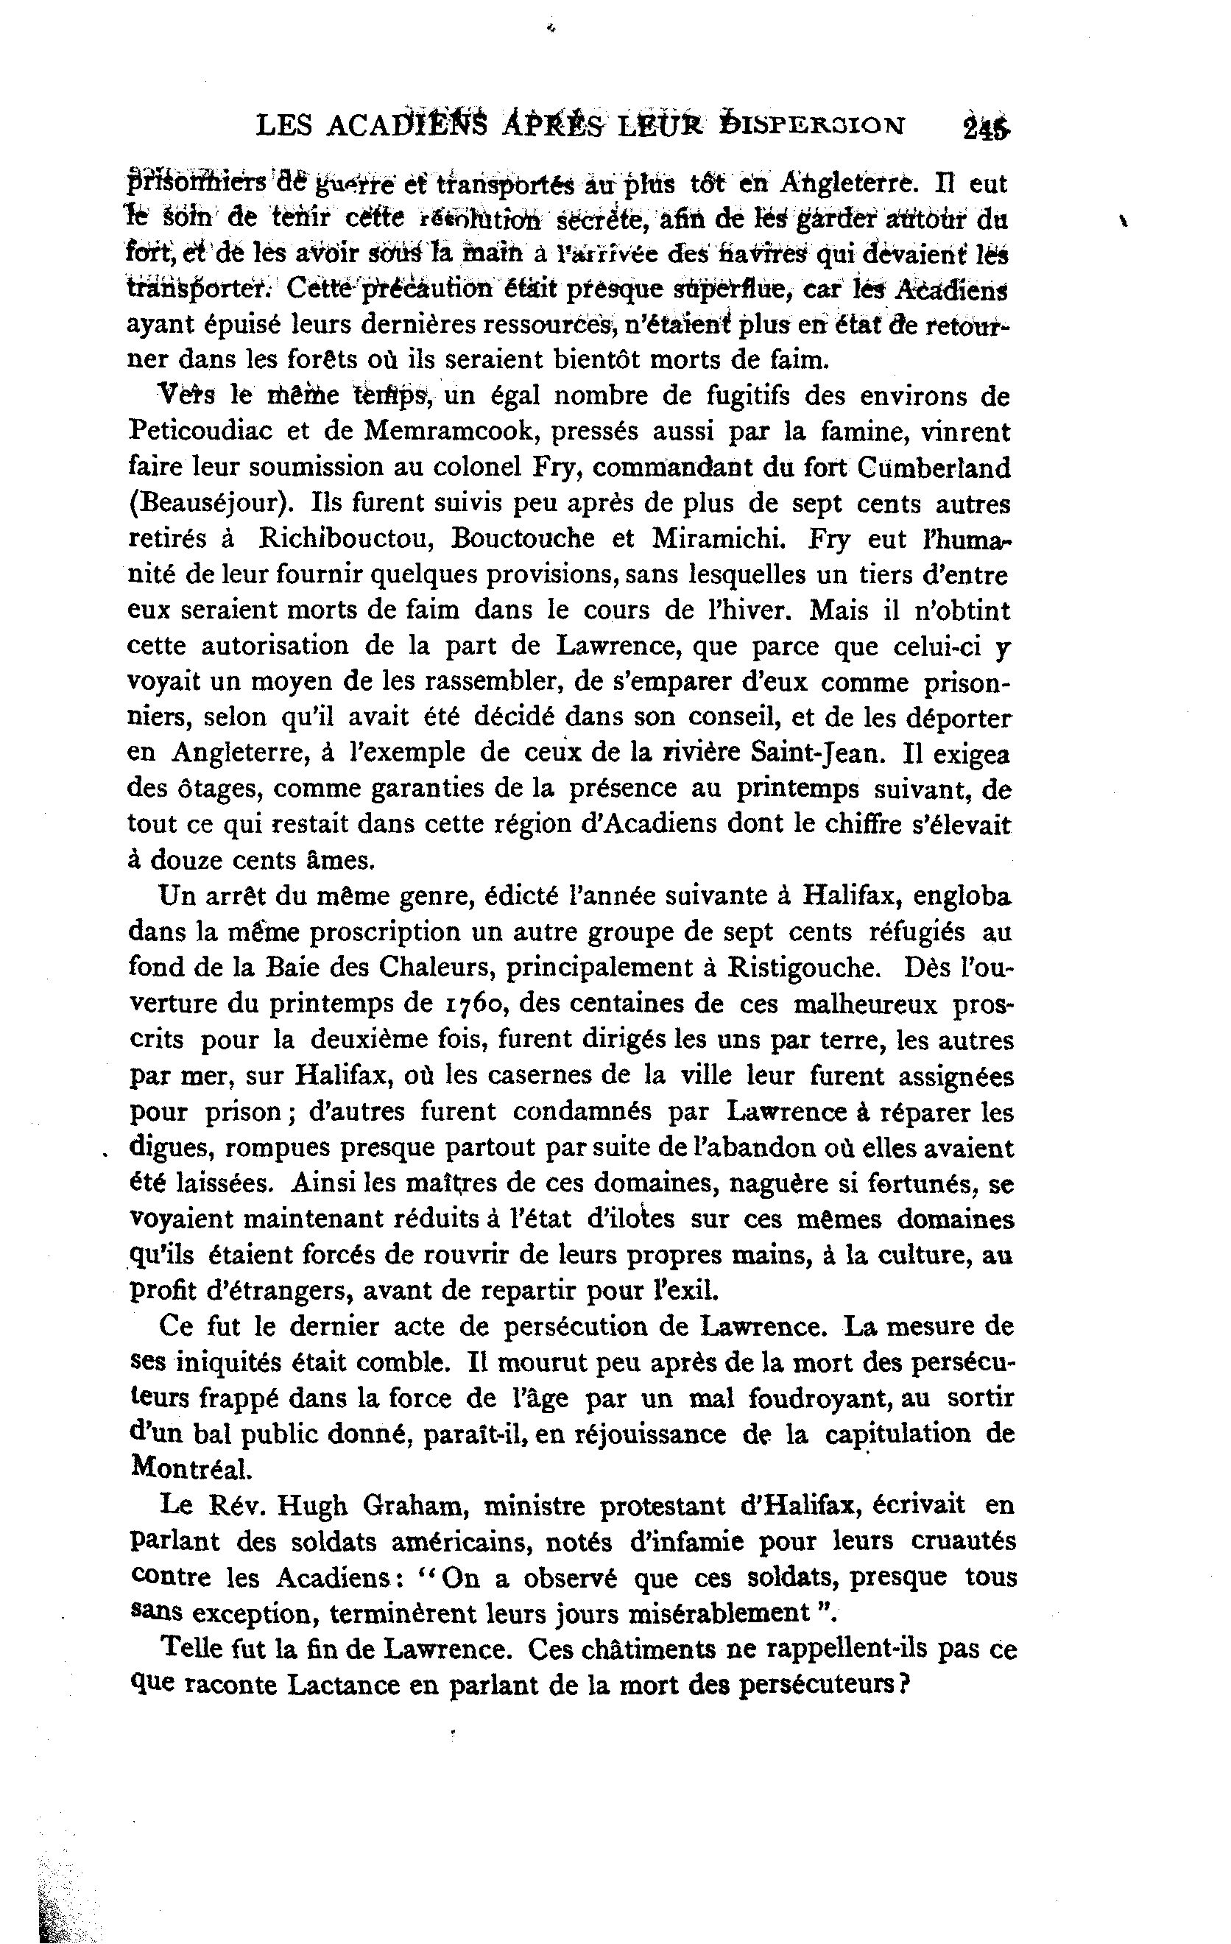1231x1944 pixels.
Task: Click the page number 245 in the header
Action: click(987, 127)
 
